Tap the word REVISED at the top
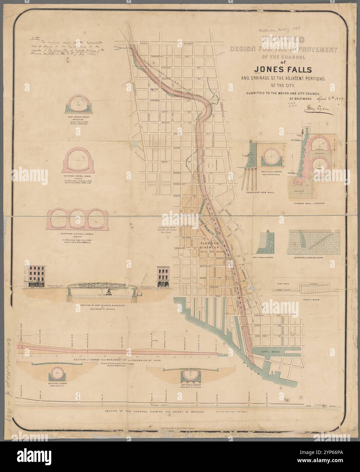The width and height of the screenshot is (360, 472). pyautogui.click(x=283, y=39)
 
